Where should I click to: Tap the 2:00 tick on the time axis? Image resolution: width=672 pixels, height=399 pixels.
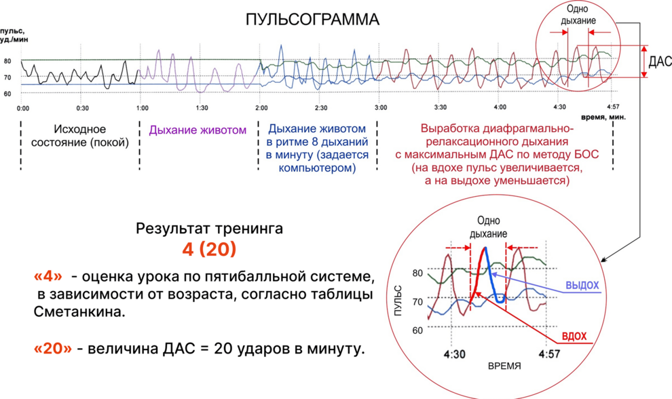[x=261, y=108]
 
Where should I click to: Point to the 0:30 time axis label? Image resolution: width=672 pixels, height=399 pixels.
[x=82, y=108]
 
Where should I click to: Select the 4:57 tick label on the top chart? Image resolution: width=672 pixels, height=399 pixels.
[x=614, y=107]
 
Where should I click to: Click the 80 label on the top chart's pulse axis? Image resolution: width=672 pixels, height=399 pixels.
[x=7, y=61]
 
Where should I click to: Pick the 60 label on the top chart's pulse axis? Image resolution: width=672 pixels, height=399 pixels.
[x=7, y=94]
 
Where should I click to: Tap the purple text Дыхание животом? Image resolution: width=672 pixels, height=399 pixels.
[x=198, y=130]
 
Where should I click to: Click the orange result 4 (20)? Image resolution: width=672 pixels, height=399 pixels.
[x=209, y=249]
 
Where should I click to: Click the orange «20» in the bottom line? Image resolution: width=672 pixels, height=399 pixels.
[x=52, y=349]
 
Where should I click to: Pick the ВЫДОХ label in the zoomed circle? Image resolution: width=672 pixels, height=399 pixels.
[x=581, y=285]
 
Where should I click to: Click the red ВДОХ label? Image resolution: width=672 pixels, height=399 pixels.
[x=574, y=337]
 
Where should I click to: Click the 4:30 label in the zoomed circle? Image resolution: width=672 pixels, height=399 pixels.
[x=455, y=354]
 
